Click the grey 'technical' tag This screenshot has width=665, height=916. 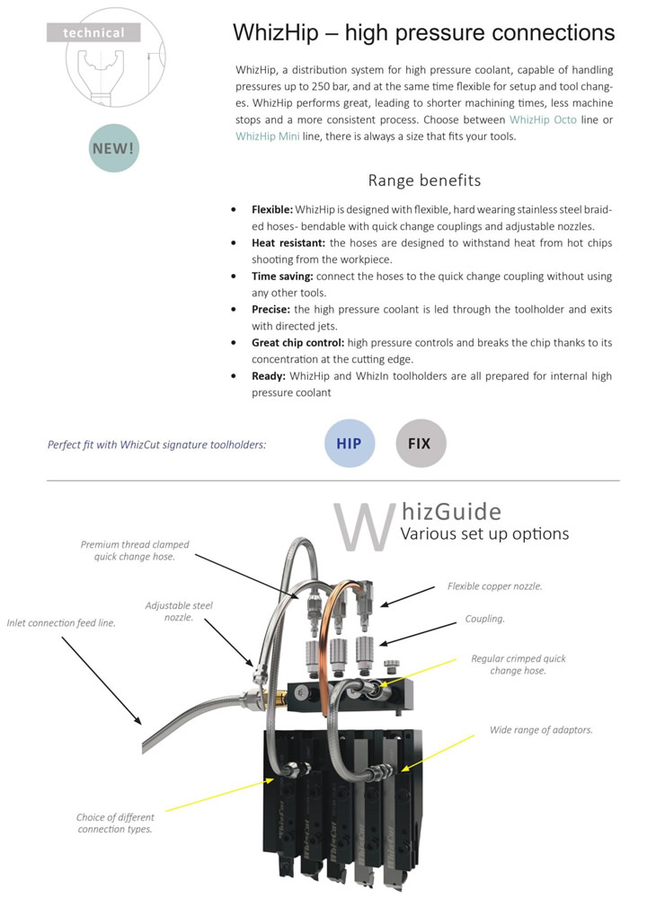[93, 32]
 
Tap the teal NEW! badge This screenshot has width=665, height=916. [114, 148]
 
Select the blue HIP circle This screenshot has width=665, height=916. [350, 444]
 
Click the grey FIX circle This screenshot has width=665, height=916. [421, 444]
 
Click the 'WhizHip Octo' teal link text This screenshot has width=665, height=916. [543, 119]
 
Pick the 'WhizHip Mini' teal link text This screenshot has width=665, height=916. [268, 137]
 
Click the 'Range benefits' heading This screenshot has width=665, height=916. [425, 181]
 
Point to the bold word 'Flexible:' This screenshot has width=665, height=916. [272, 209]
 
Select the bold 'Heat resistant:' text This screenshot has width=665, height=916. [288, 242]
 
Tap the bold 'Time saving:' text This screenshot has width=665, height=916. [283, 276]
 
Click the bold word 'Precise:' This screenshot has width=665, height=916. [271, 309]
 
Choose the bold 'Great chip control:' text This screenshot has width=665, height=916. [298, 342]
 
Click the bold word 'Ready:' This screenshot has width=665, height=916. [269, 375]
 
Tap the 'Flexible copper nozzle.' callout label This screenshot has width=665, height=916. [495, 586]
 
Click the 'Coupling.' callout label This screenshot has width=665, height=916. [485, 619]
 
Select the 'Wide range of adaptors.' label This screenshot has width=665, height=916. [541, 729]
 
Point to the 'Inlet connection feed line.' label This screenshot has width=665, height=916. [61, 622]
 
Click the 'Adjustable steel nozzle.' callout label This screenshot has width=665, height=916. [179, 611]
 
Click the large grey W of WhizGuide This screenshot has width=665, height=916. [363, 526]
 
